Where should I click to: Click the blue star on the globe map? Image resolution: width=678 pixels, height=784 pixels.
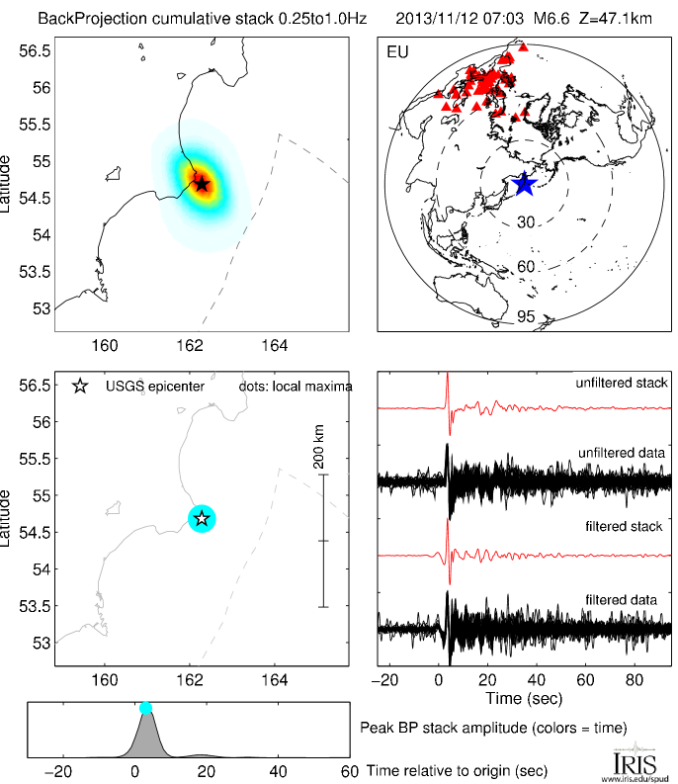523,184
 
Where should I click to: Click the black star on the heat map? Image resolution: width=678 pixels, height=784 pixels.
202,184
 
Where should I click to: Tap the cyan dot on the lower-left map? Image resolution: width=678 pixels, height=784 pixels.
202,518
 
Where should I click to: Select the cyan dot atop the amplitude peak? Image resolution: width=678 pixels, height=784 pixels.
146,707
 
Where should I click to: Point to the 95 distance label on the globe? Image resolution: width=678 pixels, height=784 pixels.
526,317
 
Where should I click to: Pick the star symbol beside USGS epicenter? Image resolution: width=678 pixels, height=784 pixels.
81,386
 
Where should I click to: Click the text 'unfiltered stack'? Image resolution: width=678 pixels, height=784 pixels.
625,383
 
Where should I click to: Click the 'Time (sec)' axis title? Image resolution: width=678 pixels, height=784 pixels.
525,699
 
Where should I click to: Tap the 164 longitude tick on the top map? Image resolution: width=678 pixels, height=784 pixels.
274,345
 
